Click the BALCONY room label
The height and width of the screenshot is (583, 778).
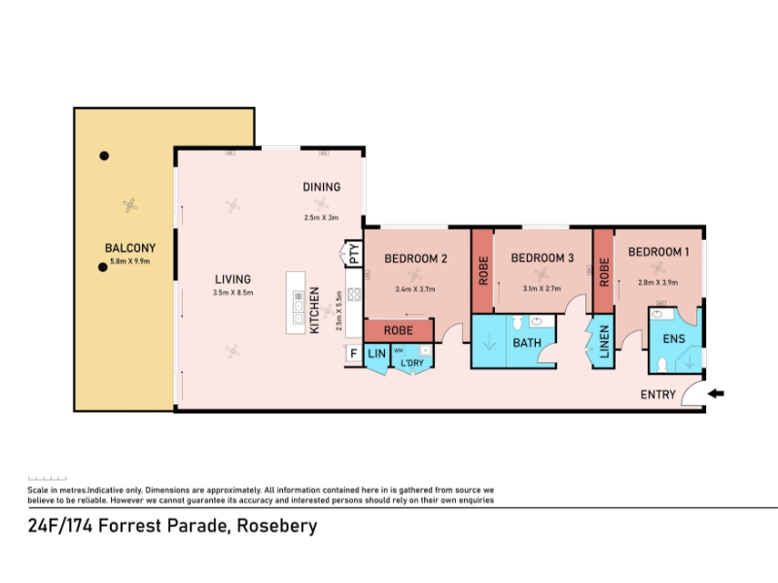(130, 248)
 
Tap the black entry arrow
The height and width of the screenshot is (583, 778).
(716, 394)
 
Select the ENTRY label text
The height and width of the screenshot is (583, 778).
(658, 394)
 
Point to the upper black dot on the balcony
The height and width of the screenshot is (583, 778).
(104, 155)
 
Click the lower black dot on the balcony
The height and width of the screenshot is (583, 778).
(103, 267)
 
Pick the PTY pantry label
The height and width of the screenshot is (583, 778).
(354, 254)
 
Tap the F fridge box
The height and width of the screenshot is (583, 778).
(354, 354)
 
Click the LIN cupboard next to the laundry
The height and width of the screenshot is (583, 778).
(376, 354)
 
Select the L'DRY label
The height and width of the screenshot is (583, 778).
(411, 362)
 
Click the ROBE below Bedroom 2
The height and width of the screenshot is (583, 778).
(399, 330)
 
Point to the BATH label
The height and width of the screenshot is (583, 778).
(527, 343)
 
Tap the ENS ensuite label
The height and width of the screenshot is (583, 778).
(674, 339)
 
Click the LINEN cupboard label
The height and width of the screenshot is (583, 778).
(604, 342)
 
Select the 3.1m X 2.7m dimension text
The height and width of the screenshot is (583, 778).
(542, 289)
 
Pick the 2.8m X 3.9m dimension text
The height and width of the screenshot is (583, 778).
(658, 283)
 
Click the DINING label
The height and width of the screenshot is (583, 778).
(322, 188)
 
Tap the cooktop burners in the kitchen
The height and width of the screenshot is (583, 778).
(354, 294)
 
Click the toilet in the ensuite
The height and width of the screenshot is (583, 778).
(662, 365)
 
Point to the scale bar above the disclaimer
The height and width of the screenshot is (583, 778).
(47, 478)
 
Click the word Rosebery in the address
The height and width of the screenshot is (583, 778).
(277, 526)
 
